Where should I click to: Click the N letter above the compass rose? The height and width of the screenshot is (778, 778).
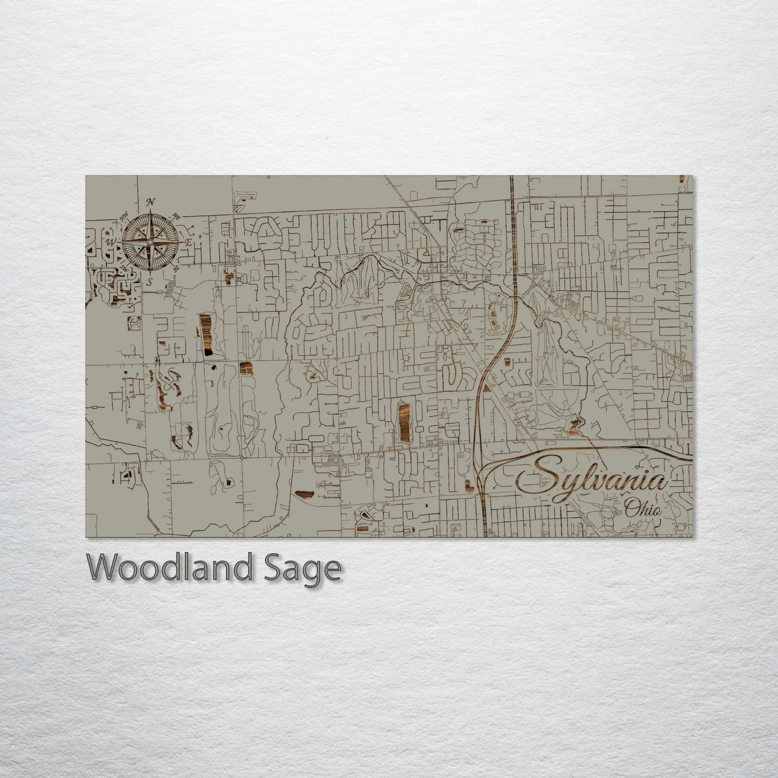click(x=151, y=202)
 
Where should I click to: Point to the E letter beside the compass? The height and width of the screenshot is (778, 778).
click(x=188, y=243)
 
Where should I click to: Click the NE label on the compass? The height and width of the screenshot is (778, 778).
click(x=175, y=216)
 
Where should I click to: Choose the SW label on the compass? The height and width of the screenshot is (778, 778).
click(x=124, y=268)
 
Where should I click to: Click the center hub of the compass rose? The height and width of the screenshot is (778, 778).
click(x=150, y=243)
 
